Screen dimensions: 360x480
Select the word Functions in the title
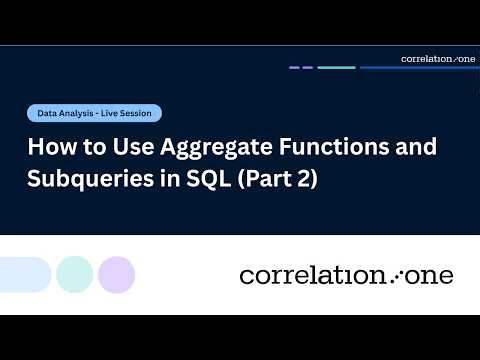pyautogui.click(x=323, y=148)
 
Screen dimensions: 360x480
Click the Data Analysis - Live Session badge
pyautogui.click(x=94, y=114)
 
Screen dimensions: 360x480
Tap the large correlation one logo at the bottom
pyautogui.click(x=346, y=274)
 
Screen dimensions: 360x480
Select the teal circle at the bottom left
pyautogui.click(x=74, y=274)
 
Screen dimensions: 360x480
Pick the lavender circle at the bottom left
pyautogui.click(x=116, y=274)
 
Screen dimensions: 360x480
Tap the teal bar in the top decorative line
pyautogui.click(x=336, y=67)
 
